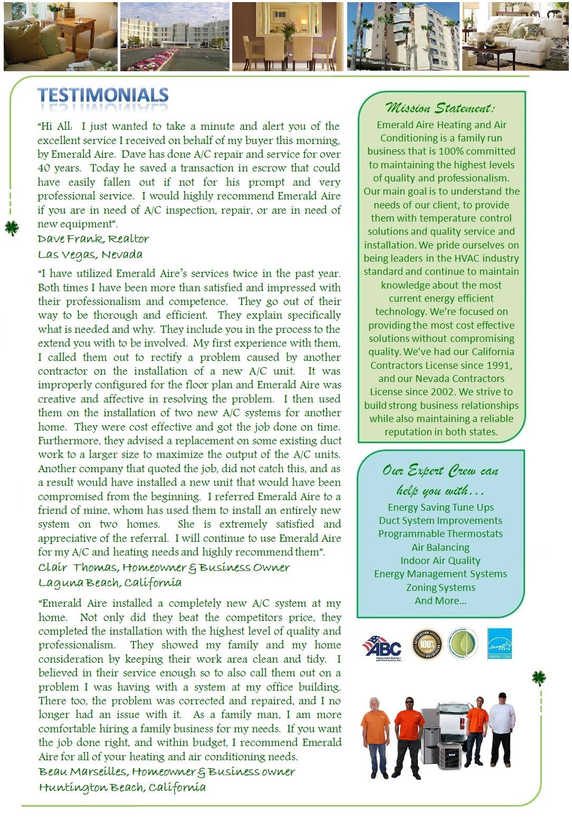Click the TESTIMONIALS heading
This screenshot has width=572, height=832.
click(103, 95)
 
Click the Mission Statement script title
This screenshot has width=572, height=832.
click(441, 108)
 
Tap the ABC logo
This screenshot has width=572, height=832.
click(382, 646)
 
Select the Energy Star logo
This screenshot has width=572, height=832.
click(499, 644)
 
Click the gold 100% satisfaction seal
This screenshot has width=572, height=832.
click(427, 644)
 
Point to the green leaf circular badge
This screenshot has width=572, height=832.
click(462, 644)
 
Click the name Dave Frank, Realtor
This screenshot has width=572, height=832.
click(93, 239)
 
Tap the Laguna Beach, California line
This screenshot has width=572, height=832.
click(110, 583)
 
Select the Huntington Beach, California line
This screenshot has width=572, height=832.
click(122, 787)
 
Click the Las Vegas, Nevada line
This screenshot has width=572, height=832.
click(90, 255)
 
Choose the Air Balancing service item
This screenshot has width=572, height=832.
click(441, 547)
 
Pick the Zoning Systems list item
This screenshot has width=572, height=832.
click(441, 587)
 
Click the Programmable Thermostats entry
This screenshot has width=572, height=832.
click(441, 534)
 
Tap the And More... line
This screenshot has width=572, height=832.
click(441, 600)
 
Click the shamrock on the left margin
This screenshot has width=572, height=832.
click(12, 228)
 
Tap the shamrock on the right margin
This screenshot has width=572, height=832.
click(538, 677)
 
